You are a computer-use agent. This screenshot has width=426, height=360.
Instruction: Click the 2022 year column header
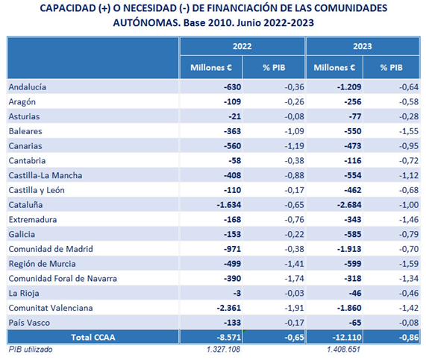click(242, 46)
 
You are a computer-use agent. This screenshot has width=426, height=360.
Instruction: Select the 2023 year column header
click(363, 46)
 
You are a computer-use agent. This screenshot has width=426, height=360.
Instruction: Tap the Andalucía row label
click(28, 87)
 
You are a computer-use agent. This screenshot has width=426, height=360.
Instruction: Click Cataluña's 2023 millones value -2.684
click(349, 205)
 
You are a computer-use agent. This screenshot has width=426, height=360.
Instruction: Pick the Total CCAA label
click(93, 337)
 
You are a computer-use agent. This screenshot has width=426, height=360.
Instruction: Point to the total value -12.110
click(347, 337)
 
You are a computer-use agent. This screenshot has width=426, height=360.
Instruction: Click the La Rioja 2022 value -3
click(237, 293)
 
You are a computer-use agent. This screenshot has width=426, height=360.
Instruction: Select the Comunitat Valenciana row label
click(51, 308)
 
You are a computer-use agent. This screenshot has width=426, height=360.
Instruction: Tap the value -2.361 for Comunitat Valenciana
click(229, 308)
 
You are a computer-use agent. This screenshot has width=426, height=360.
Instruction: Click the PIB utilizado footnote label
click(31, 349)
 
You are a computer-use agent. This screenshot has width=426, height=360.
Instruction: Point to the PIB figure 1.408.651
click(344, 349)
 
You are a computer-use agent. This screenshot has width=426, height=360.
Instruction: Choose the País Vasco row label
click(29, 323)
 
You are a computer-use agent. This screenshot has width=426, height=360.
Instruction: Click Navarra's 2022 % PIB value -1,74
click(294, 279)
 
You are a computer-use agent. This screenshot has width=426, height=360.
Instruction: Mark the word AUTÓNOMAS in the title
click(147, 22)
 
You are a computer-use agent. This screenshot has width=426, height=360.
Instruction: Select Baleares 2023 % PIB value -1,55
click(409, 131)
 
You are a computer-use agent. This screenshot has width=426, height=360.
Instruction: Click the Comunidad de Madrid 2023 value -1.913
click(349, 249)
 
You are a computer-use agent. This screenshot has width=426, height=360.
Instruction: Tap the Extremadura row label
click(33, 219)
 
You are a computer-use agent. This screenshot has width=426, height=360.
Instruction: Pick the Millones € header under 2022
click(211, 67)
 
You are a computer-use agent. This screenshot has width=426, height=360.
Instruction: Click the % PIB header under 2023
click(391, 67)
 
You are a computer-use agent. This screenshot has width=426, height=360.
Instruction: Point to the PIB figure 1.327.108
click(223, 349)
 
